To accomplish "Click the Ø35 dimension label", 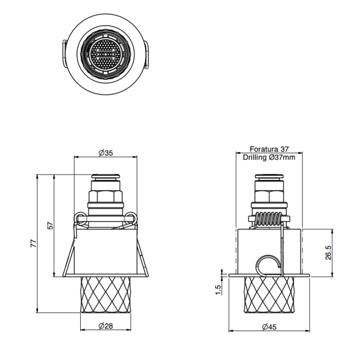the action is pyautogui.click(x=106, y=153).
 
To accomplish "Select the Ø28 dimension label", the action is pyautogui.click(x=106, y=326).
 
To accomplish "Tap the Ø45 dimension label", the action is pyautogui.click(x=269, y=327).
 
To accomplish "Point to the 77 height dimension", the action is pyautogui.click(x=34, y=243).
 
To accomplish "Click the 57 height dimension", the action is pyautogui.click(x=50, y=226).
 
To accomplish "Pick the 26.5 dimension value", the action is pyautogui.click(x=328, y=253).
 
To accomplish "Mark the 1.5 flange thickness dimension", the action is pyautogui.click(x=218, y=290).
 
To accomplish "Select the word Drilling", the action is pyautogui.click(x=255, y=158).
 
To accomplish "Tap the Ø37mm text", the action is pyautogui.click(x=282, y=158).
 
